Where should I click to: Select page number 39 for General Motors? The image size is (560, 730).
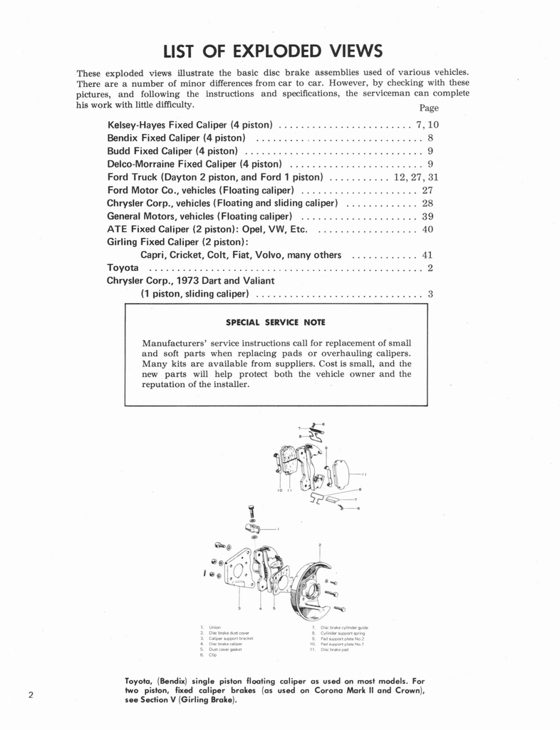click(x=427, y=216)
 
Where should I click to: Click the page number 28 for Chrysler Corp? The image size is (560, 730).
click(x=427, y=203)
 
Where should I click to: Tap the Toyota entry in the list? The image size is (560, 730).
click(x=123, y=268)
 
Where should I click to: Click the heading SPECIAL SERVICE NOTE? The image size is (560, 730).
click(x=275, y=322)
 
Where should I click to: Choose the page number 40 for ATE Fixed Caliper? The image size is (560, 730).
click(x=427, y=229)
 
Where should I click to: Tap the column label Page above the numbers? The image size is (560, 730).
click(x=429, y=108)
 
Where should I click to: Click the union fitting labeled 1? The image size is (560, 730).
click(x=254, y=528)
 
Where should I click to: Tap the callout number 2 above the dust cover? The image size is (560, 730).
click(x=320, y=545)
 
